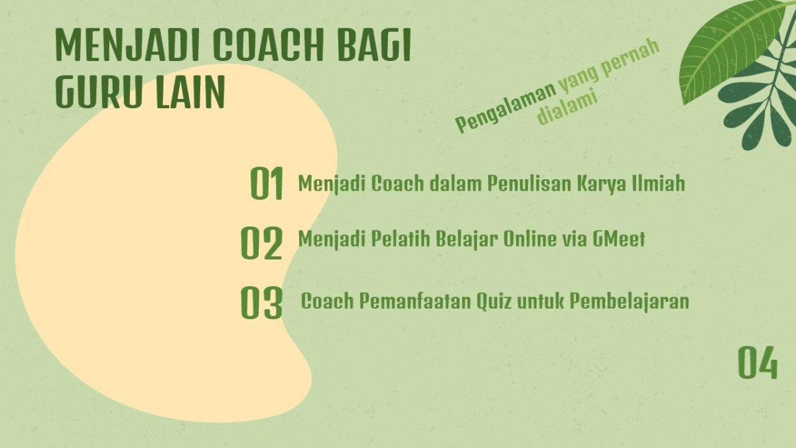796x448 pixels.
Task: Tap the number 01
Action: (x=267, y=183)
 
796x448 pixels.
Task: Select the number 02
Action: (x=261, y=244)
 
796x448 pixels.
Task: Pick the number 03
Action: (x=261, y=303)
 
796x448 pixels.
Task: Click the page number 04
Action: (x=758, y=363)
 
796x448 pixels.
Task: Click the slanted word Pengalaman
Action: (x=505, y=106)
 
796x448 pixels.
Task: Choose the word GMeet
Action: (x=618, y=238)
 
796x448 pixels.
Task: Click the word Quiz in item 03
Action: (x=494, y=301)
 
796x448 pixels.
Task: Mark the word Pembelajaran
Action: (x=630, y=302)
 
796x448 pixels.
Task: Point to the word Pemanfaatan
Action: (x=415, y=301)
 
